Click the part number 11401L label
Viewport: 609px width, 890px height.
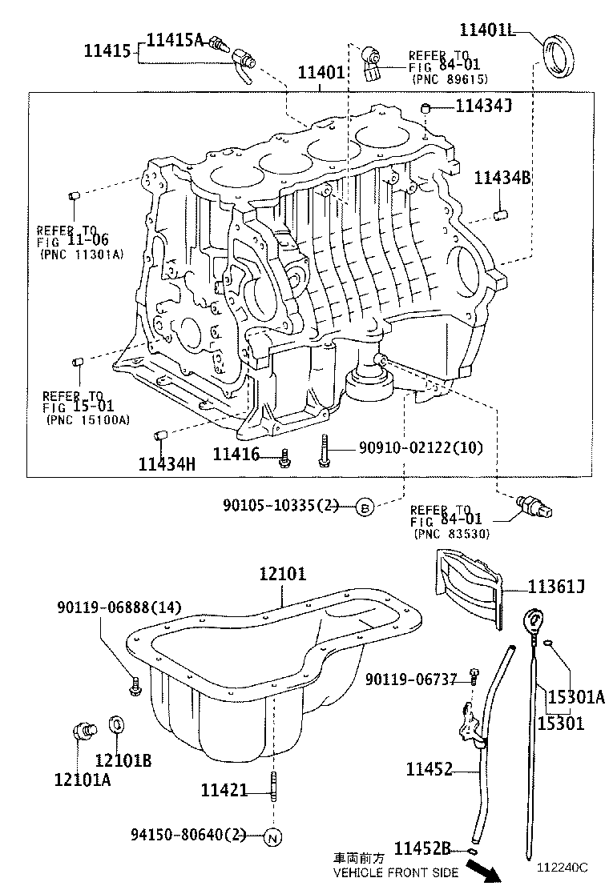point(486,30)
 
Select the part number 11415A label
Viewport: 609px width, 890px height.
point(175,38)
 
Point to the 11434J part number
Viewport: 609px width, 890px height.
point(483,106)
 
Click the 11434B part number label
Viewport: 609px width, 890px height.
point(502,178)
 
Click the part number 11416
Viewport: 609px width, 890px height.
point(236,455)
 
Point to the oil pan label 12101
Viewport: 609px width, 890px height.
point(282,574)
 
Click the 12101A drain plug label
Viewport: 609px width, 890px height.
point(83,778)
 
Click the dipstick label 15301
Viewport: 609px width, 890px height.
point(560,723)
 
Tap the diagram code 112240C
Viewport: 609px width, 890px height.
point(562,867)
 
